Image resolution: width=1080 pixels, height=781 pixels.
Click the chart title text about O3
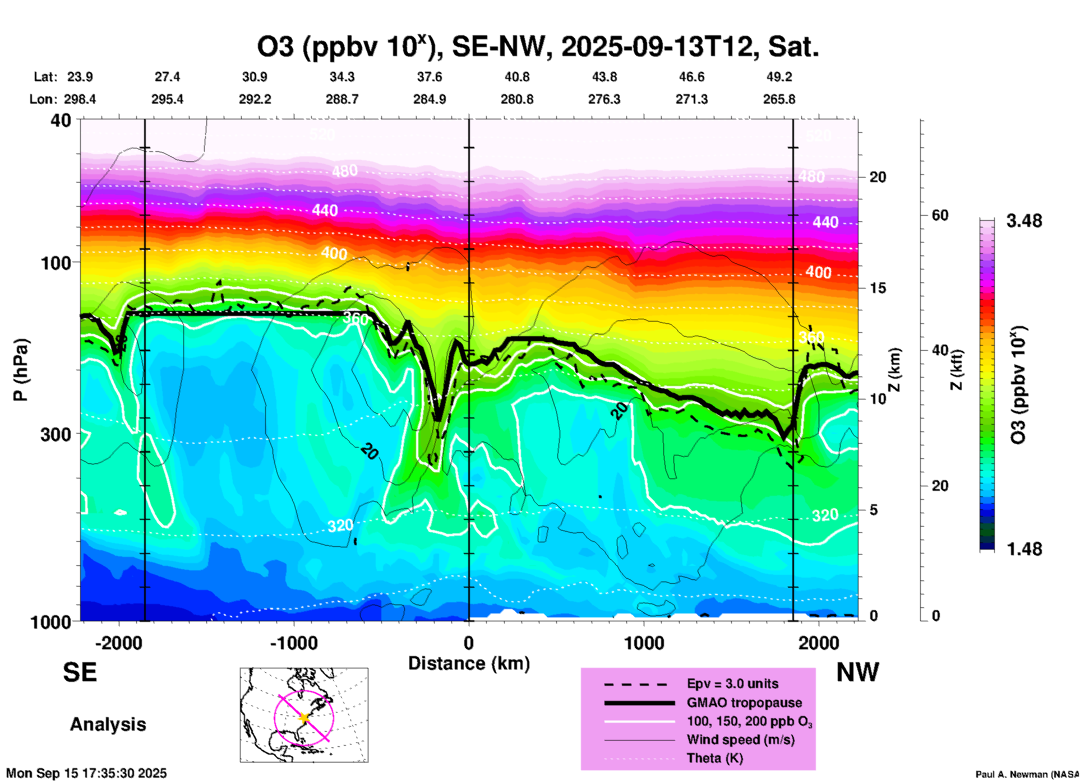tap(538, 47)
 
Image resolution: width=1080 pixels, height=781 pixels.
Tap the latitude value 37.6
tap(429, 77)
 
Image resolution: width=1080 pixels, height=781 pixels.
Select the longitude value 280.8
tap(516, 100)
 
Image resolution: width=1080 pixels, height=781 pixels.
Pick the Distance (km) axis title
tap(469, 663)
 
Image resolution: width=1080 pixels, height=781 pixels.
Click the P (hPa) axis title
tap(21, 370)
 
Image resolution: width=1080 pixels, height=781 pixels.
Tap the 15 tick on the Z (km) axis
tap(877, 288)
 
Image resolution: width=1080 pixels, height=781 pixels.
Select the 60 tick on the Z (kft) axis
tap(940, 215)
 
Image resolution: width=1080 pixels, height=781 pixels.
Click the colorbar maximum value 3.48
tap(1024, 221)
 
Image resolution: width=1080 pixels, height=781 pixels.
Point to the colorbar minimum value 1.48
tap(1024, 549)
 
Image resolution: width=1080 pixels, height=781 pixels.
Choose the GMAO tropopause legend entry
tap(744, 703)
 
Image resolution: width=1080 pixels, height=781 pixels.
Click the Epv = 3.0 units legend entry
tap(732, 684)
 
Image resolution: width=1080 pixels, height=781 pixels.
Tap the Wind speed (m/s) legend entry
tap(740, 740)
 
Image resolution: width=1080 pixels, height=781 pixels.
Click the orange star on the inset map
tap(304, 718)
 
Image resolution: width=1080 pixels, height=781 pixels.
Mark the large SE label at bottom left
tap(80, 672)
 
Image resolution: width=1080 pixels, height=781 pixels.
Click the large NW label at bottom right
tap(857, 672)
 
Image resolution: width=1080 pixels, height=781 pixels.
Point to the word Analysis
tap(108, 724)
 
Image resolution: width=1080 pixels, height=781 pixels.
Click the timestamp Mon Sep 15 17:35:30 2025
tap(86, 773)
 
